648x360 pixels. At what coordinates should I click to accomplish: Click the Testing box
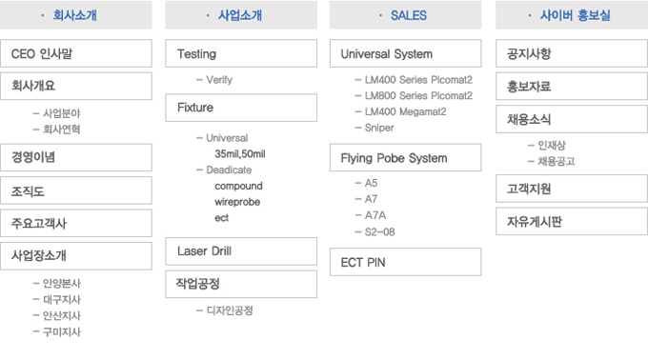pos(240,53)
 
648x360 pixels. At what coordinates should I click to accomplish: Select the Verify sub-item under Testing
pos(218,80)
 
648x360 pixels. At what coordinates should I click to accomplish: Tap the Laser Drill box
pos(240,251)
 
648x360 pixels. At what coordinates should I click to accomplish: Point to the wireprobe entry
pos(237,202)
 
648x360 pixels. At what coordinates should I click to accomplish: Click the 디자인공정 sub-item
pos(230,310)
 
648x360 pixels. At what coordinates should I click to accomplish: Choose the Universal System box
pos(405,53)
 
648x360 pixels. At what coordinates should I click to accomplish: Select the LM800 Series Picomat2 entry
pos(418,96)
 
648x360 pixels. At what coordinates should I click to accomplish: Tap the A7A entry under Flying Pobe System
pos(369,215)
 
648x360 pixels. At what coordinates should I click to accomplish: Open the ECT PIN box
pos(405,262)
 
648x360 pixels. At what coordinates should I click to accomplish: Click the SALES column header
pos(405,15)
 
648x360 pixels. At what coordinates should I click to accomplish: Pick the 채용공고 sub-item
pos(557,161)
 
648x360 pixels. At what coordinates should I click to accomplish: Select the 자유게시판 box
pos(570,222)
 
